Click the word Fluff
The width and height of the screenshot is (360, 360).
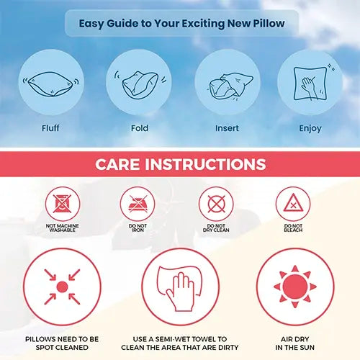[50, 130]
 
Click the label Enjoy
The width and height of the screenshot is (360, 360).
[310, 130]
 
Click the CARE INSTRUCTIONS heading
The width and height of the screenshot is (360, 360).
[180, 164]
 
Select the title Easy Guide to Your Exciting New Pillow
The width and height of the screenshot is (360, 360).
[181, 23]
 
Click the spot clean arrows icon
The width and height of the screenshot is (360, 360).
[62, 287]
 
